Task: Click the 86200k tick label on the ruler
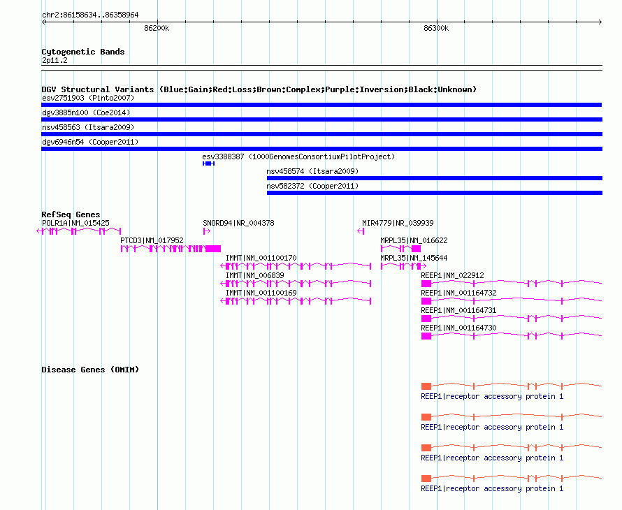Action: (157, 28)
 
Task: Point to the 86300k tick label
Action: (436, 28)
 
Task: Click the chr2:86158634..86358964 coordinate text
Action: (90, 15)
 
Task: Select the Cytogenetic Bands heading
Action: (83, 52)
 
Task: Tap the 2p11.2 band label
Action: (55, 60)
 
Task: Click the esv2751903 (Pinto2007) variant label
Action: (88, 98)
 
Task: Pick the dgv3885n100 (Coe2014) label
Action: (86, 112)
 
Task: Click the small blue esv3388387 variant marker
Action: (209, 163)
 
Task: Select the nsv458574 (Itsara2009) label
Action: (312, 171)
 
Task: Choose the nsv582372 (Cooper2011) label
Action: (312, 186)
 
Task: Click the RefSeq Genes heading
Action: (71, 214)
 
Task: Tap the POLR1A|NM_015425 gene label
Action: (75, 224)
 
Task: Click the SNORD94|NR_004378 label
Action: (238, 224)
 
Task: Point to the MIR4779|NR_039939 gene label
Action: (398, 224)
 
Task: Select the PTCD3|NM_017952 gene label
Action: (152, 241)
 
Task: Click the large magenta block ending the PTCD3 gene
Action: (213, 249)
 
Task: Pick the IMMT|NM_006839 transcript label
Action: (255, 276)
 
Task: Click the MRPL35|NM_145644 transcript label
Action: (414, 258)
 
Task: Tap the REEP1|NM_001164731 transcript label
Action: (458, 310)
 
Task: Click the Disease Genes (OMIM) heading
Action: (90, 370)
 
